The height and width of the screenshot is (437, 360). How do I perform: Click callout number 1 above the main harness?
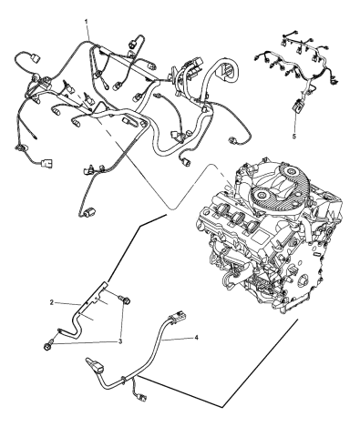(87, 19)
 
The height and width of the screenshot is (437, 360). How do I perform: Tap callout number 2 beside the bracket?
(52, 300)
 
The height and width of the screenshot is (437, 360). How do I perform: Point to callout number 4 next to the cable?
(194, 337)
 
